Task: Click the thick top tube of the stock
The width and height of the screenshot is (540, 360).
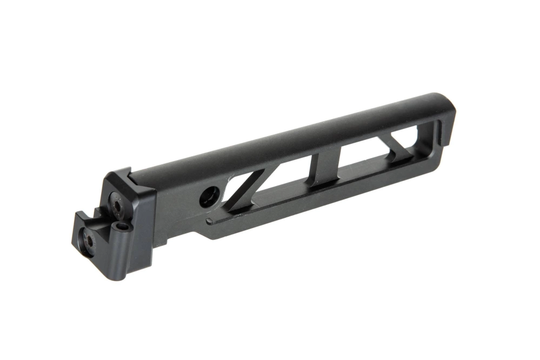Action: click(297, 135)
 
